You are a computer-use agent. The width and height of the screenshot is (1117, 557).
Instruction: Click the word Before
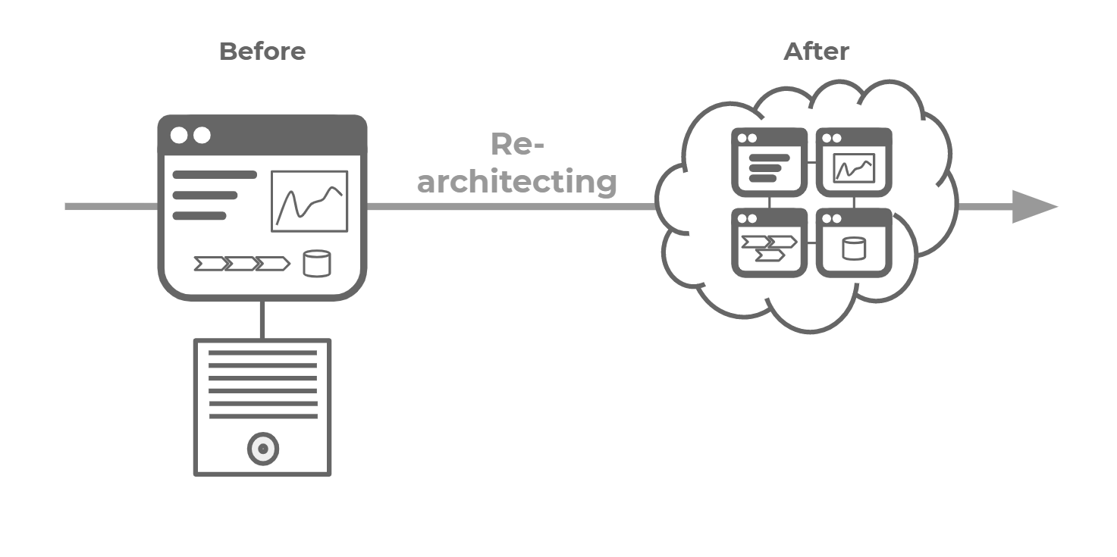[x=262, y=52]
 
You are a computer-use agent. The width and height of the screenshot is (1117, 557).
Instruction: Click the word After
[x=816, y=52]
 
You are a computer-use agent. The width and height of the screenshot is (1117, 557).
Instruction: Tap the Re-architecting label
[x=517, y=164]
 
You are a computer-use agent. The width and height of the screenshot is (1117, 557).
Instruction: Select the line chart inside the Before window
[x=309, y=201]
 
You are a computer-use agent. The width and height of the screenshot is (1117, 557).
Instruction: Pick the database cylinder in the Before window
[x=316, y=263]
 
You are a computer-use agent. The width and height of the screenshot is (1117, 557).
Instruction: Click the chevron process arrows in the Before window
[x=242, y=264]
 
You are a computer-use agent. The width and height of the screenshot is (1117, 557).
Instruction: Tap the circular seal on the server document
[x=263, y=449]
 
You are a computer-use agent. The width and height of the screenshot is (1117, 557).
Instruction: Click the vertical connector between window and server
[x=262, y=320]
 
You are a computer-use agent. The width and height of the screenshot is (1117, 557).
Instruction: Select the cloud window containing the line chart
[x=854, y=162]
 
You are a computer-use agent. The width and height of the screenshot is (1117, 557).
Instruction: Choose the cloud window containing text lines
[x=769, y=162]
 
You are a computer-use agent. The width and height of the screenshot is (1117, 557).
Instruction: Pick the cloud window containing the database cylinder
[x=854, y=243]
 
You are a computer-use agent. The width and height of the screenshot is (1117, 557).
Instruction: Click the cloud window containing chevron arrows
[x=769, y=243]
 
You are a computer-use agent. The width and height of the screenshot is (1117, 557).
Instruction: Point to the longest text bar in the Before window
[x=215, y=175]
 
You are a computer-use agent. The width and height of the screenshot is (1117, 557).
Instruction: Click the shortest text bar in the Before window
[x=199, y=216]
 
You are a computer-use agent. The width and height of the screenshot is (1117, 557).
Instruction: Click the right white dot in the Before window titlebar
[x=202, y=136]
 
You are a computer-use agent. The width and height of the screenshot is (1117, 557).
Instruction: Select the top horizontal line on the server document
[x=262, y=352]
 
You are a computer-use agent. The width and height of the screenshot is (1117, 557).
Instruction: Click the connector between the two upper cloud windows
[x=811, y=161]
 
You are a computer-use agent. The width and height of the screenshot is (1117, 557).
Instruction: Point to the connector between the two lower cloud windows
[x=811, y=243]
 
